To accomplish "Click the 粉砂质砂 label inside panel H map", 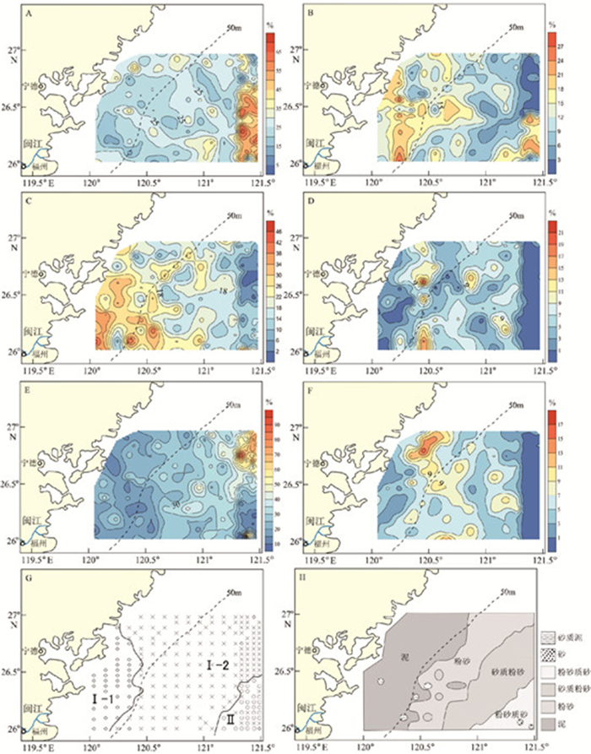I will (509, 713).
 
